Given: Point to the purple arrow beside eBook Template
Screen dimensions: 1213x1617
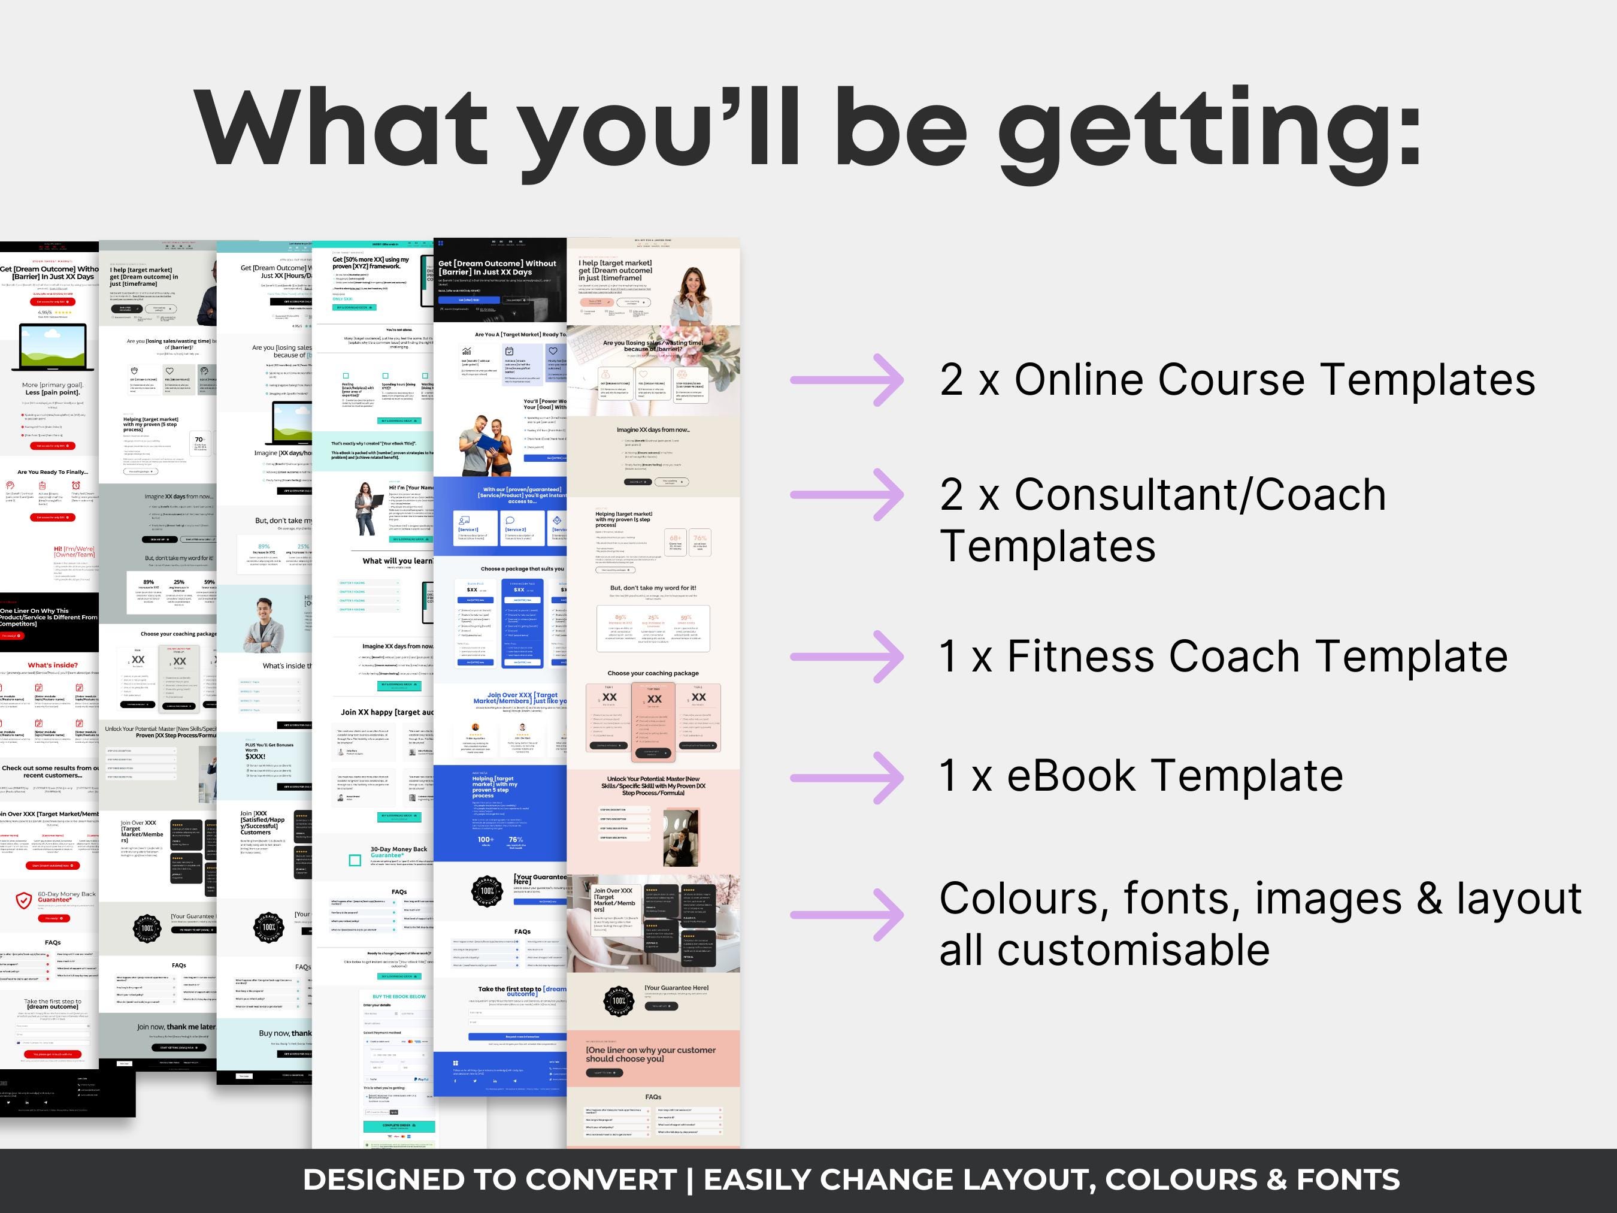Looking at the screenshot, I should (x=847, y=778).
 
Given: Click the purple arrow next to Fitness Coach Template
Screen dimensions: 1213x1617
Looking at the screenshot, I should (x=847, y=657).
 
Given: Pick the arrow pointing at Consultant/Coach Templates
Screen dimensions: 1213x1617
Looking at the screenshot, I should (x=847, y=495).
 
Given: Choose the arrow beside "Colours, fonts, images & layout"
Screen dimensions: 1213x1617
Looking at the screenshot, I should (x=847, y=914).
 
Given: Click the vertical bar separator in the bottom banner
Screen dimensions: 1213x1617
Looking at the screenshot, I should (x=689, y=1180).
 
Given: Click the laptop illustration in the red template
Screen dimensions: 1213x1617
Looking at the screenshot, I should (x=53, y=349).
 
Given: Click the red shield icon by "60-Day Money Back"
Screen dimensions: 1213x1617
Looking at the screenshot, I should (x=23, y=900).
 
